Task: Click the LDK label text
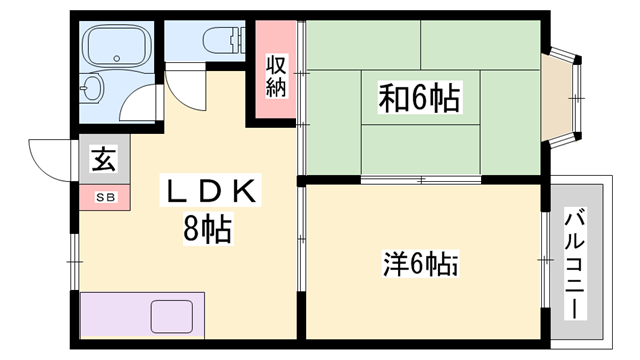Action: click(213, 190)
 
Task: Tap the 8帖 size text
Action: click(206, 231)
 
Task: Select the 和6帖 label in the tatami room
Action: click(419, 97)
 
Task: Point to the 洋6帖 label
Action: click(420, 264)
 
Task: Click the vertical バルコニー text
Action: click(575, 261)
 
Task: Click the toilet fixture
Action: click(222, 41)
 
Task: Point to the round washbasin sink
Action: click(91, 88)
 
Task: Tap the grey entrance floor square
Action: click(101, 159)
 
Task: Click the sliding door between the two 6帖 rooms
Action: click(420, 180)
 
